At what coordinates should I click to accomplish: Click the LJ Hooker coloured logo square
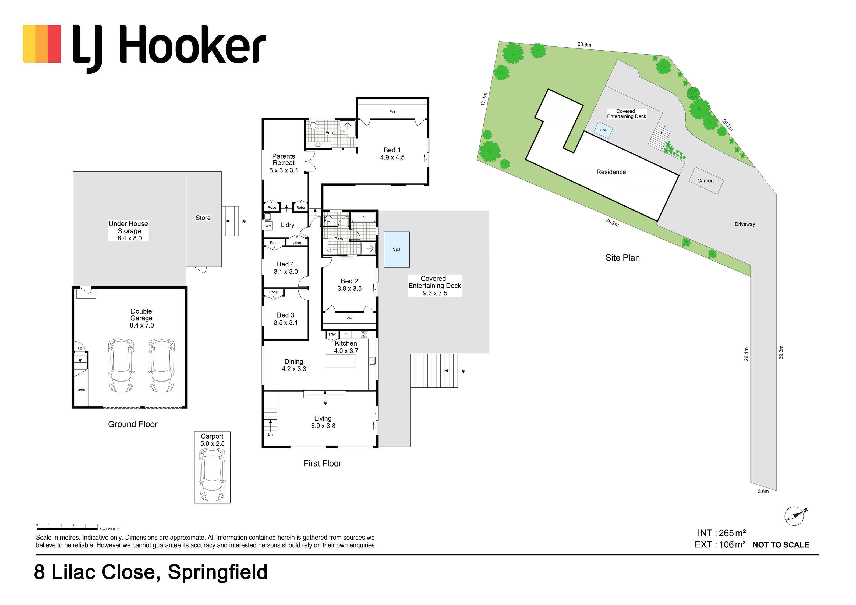[42, 44]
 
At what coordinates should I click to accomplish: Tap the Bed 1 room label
[392, 154]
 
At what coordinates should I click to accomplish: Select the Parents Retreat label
[284, 163]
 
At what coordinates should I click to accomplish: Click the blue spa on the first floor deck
[397, 250]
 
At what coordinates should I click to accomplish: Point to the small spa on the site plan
[603, 130]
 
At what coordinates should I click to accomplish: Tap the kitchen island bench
[340, 361]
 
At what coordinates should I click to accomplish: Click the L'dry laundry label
[288, 225]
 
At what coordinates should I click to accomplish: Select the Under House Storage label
[129, 231]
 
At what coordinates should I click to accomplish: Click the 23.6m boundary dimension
[584, 45]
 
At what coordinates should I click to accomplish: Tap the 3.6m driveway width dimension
[763, 491]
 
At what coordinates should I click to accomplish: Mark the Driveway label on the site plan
[745, 224]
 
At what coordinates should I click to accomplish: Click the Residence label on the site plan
[611, 172]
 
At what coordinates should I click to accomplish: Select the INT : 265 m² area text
[722, 533]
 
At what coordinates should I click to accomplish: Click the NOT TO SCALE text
[781, 545]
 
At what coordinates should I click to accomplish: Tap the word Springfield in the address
[218, 572]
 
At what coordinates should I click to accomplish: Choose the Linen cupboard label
[297, 243]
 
